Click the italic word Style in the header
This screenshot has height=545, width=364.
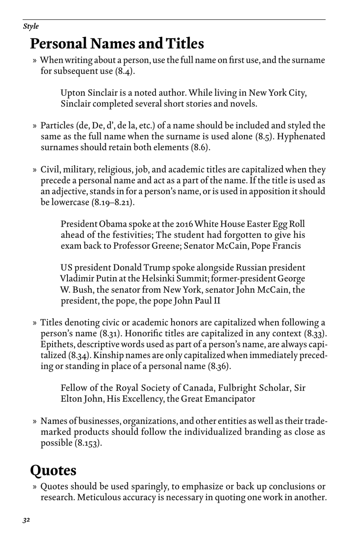tap(31, 26)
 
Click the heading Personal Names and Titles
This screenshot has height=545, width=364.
tap(117, 44)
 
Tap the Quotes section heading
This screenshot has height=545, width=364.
tap(53, 470)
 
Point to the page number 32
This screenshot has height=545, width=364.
tap(26, 520)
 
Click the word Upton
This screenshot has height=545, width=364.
tap(73, 93)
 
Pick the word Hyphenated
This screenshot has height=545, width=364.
tap(301, 137)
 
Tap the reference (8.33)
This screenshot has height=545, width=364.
tap(315, 334)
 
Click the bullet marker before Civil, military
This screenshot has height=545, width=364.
tap(34, 170)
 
